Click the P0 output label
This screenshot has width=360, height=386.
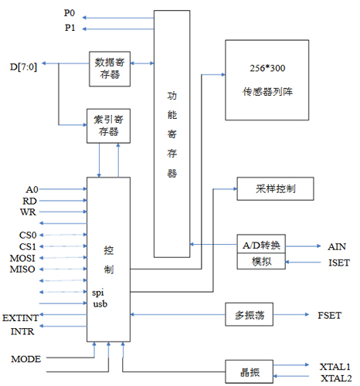69,14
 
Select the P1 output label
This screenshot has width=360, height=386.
69,27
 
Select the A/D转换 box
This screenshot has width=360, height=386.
261,246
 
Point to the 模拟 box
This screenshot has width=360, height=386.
261,262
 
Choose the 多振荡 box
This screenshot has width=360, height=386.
250,315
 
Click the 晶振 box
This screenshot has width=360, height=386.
250,372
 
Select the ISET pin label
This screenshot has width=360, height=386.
338,263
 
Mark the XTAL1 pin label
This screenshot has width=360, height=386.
335,366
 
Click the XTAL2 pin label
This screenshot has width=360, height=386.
335,378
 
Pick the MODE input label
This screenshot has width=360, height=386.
25,359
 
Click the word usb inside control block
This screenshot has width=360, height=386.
98,304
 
